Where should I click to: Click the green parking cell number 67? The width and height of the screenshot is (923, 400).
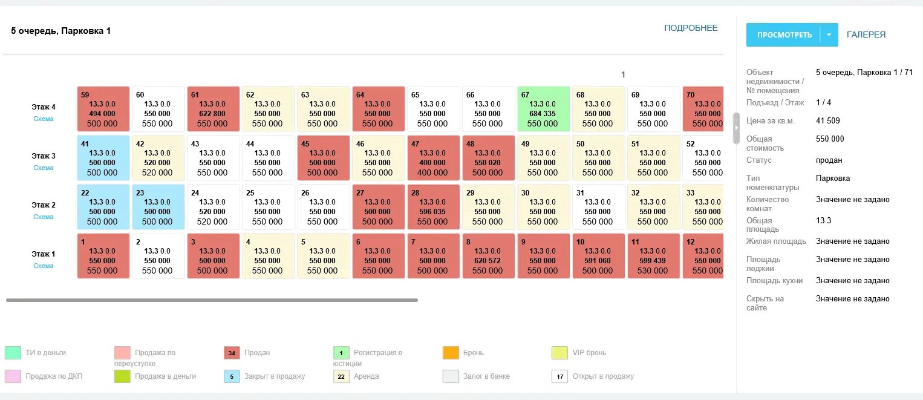pos(543,109)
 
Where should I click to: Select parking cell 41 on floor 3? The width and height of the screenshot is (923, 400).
pos(103,158)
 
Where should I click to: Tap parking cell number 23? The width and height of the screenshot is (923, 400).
pos(158,207)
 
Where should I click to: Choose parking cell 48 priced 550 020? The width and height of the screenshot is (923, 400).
pos(488,158)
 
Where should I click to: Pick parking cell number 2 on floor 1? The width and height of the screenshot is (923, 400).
pos(158,256)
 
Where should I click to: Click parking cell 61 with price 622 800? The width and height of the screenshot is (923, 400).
pos(212,109)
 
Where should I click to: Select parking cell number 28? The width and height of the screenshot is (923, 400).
pos(432,207)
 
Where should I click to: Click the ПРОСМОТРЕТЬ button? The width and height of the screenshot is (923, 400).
pos(784,35)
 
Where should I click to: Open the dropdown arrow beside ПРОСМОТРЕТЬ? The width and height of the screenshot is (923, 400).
pos(829,35)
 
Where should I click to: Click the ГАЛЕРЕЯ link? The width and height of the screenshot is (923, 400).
pos(866,35)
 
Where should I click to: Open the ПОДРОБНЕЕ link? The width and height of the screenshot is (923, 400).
pos(691,28)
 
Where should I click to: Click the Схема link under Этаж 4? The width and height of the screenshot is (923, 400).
pos(44,119)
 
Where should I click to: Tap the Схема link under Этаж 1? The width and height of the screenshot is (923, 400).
pos(44,266)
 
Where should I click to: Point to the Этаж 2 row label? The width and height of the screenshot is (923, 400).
pos(44,205)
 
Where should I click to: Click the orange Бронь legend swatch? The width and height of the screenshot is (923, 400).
pos(451,353)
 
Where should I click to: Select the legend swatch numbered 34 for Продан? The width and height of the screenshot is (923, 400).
pos(232,353)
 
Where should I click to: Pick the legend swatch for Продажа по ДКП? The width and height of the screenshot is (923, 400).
pos(13,376)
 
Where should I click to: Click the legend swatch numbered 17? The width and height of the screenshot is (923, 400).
pos(560,376)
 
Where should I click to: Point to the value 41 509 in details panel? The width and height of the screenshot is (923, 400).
pos(827,121)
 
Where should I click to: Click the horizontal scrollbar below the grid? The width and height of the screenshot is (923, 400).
pos(212,300)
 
